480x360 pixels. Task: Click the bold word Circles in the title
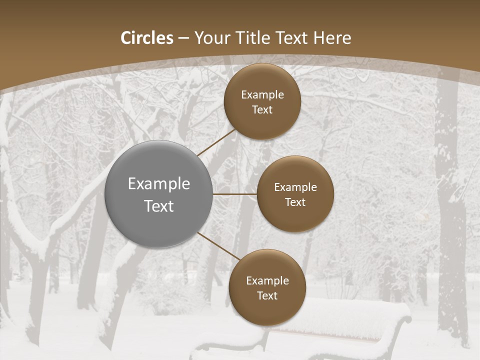tap(147, 38)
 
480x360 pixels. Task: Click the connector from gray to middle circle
tap(235, 194)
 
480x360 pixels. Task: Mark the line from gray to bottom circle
tap(219, 245)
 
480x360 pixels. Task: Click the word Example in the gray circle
tap(159, 184)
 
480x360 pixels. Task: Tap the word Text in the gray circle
tap(159, 206)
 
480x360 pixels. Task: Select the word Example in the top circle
tap(262, 95)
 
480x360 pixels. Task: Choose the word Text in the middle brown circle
tap(295, 202)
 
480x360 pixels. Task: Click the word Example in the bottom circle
tap(267, 280)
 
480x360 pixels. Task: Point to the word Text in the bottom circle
tap(267, 295)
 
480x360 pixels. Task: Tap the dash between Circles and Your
tap(183, 38)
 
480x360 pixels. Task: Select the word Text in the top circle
tap(262, 110)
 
